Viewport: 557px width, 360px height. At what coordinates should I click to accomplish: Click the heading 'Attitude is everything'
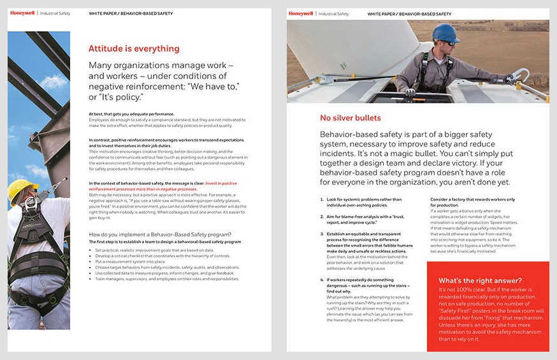(134, 48)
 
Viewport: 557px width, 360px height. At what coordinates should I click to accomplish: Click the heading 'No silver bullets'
(350, 118)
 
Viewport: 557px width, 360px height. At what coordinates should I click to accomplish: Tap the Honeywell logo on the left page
(22, 13)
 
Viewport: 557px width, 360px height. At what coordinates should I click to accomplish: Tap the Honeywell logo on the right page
(300, 13)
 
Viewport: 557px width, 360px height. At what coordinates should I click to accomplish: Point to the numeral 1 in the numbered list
(322, 200)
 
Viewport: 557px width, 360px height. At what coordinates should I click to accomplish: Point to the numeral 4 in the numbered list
(322, 280)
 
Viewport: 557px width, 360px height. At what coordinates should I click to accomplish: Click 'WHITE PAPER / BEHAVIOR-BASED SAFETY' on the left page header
(131, 13)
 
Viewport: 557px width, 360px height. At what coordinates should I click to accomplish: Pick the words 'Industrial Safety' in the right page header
(334, 13)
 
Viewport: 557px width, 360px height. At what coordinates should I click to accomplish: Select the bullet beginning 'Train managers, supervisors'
(166, 279)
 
